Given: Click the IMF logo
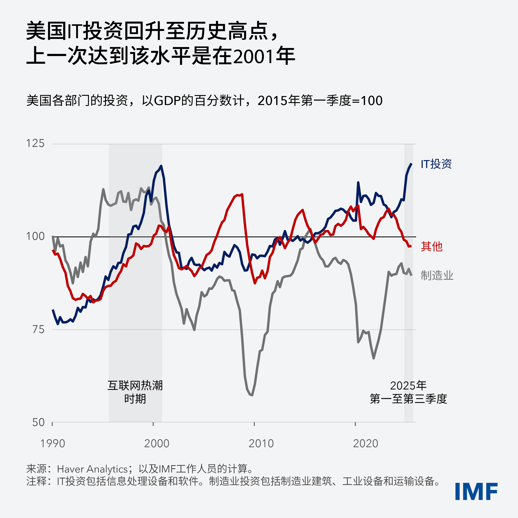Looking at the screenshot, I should (476, 491).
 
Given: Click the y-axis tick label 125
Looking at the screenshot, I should (35, 143).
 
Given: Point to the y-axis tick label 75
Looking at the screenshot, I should (38, 330).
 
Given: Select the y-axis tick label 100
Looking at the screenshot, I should (35, 236).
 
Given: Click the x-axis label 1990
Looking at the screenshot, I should (53, 443).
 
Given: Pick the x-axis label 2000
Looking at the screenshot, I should (157, 443).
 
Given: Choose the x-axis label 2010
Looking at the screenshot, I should (261, 443).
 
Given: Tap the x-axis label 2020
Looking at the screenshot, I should (365, 443).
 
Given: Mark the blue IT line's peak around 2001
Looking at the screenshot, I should (161, 166).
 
